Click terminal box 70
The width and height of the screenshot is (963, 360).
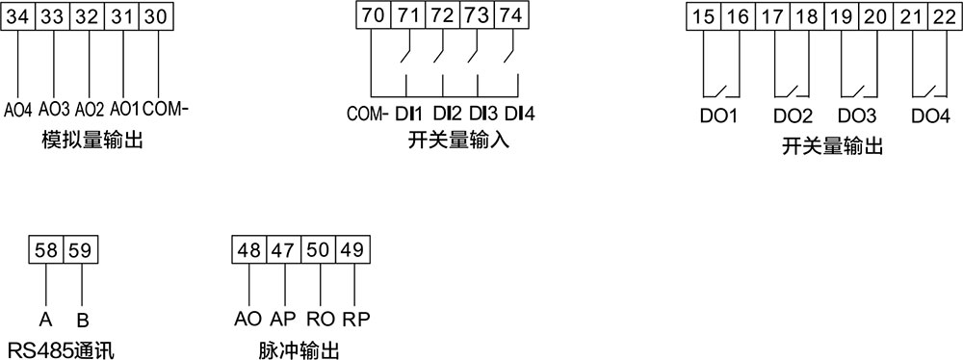[373, 16]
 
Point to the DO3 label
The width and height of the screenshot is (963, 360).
[857, 117]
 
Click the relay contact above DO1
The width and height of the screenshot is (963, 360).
[717, 91]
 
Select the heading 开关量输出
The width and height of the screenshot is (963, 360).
[833, 145]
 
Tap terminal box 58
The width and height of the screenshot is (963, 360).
[45, 251]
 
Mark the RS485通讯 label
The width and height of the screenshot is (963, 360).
[61, 348]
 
